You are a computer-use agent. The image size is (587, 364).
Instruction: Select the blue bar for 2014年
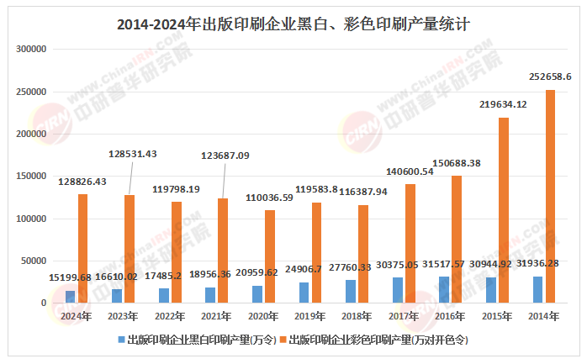click(537, 289)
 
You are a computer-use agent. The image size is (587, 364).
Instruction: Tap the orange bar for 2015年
click(504, 210)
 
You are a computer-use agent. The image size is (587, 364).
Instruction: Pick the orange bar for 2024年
click(82, 248)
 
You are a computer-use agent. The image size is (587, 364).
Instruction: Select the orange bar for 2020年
click(269, 256)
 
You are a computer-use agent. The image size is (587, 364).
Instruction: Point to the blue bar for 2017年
click(398, 290)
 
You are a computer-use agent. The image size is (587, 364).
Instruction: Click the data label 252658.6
click(550, 76)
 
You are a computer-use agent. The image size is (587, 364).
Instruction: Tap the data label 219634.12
click(503, 104)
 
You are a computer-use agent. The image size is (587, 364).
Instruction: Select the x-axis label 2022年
click(171, 316)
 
